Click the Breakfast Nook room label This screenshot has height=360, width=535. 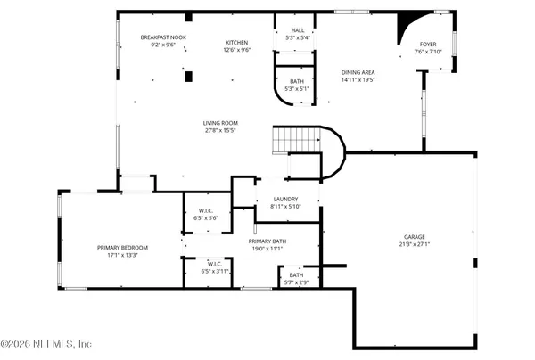(163, 37)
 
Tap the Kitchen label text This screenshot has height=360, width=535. (236, 42)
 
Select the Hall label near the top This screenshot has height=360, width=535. (297, 30)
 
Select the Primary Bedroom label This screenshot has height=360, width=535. (123, 247)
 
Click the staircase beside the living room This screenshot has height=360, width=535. (299, 139)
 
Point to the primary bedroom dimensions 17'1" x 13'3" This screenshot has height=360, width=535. (123, 254)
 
